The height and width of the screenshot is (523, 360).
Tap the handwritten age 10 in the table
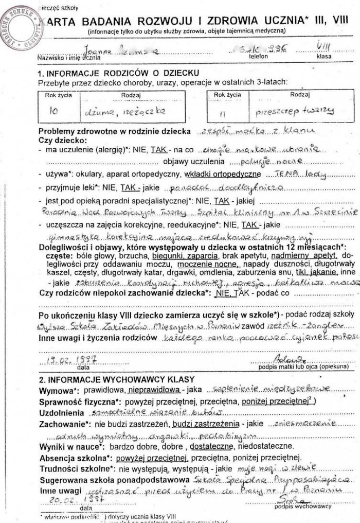pyautogui.click(x=53, y=110)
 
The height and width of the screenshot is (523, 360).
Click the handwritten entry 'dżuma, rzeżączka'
pyautogui.click(x=117, y=110)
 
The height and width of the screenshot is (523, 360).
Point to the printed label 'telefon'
pyautogui.click(x=258, y=57)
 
